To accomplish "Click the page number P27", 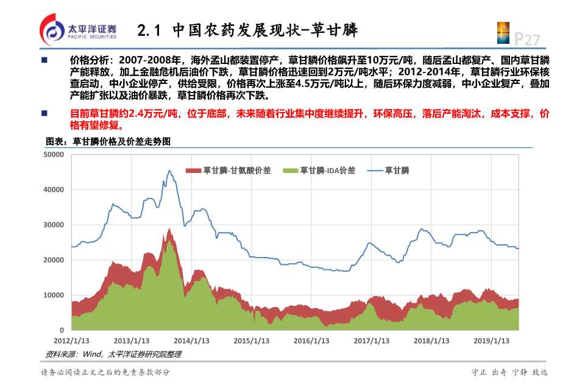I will click(x=527, y=40).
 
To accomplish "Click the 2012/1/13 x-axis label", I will click(x=72, y=340).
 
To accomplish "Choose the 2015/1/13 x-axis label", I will click(x=251, y=340).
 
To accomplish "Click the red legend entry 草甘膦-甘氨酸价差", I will click(x=229, y=170).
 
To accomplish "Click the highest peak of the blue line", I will click(x=169, y=171).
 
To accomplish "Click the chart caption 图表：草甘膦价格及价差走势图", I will click(x=108, y=141).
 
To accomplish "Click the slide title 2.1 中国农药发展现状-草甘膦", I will click(x=247, y=30).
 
